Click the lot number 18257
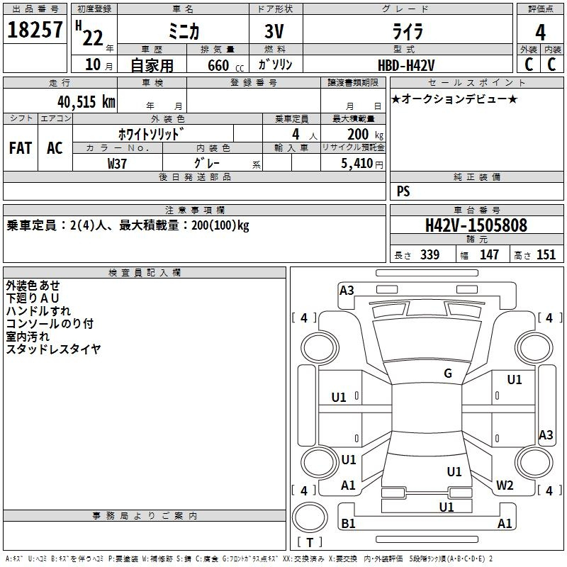click(35, 30)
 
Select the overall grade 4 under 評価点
click(540, 33)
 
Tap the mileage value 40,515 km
click(86, 102)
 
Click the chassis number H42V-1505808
click(476, 225)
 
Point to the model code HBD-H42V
click(406, 65)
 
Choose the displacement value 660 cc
click(225, 66)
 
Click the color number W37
click(117, 164)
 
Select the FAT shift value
click(21, 148)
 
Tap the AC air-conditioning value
click(55, 148)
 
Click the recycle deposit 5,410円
click(362, 164)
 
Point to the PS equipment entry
click(403, 191)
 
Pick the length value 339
click(430, 254)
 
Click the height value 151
click(546, 254)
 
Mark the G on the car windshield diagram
click(448, 374)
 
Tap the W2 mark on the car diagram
click(505, 485)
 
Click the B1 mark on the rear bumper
click(348, 523)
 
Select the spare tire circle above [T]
click(310, 517)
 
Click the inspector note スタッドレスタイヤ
click(54, 349)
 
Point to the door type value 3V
click(274, 31)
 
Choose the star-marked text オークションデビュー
click(454, 99)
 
